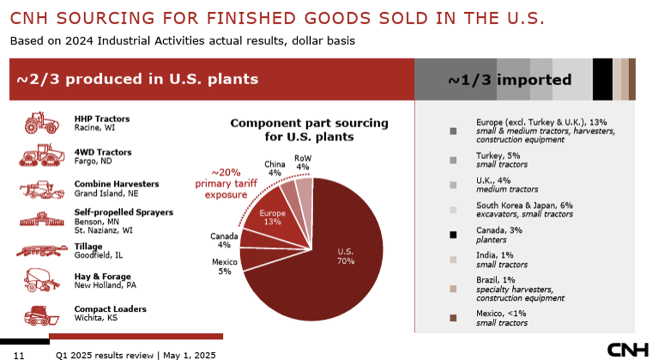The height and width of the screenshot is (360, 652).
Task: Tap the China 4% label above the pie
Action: (274, 168)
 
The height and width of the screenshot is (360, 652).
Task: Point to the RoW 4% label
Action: (303, 162)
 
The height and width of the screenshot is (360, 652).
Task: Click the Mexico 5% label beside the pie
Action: (224, 266)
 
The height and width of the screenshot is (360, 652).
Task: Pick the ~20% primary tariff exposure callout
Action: (216, 184)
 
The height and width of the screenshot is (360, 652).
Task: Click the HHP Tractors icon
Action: (42, 122)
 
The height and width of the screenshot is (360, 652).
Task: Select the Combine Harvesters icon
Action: (42, 189)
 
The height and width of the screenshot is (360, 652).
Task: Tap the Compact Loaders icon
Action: (42, 315)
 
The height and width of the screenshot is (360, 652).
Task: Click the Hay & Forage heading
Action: (103, 277)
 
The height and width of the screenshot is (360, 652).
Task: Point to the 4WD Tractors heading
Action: (103, 152)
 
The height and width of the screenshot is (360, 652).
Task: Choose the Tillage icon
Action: (42, 250)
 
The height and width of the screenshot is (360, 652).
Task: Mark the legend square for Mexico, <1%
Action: (453, 317)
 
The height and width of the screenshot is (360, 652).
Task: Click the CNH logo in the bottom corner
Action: (628, 350)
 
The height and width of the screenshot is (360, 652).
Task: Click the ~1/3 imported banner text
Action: (509, 80)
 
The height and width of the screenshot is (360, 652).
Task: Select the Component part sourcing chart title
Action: (309, 129)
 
